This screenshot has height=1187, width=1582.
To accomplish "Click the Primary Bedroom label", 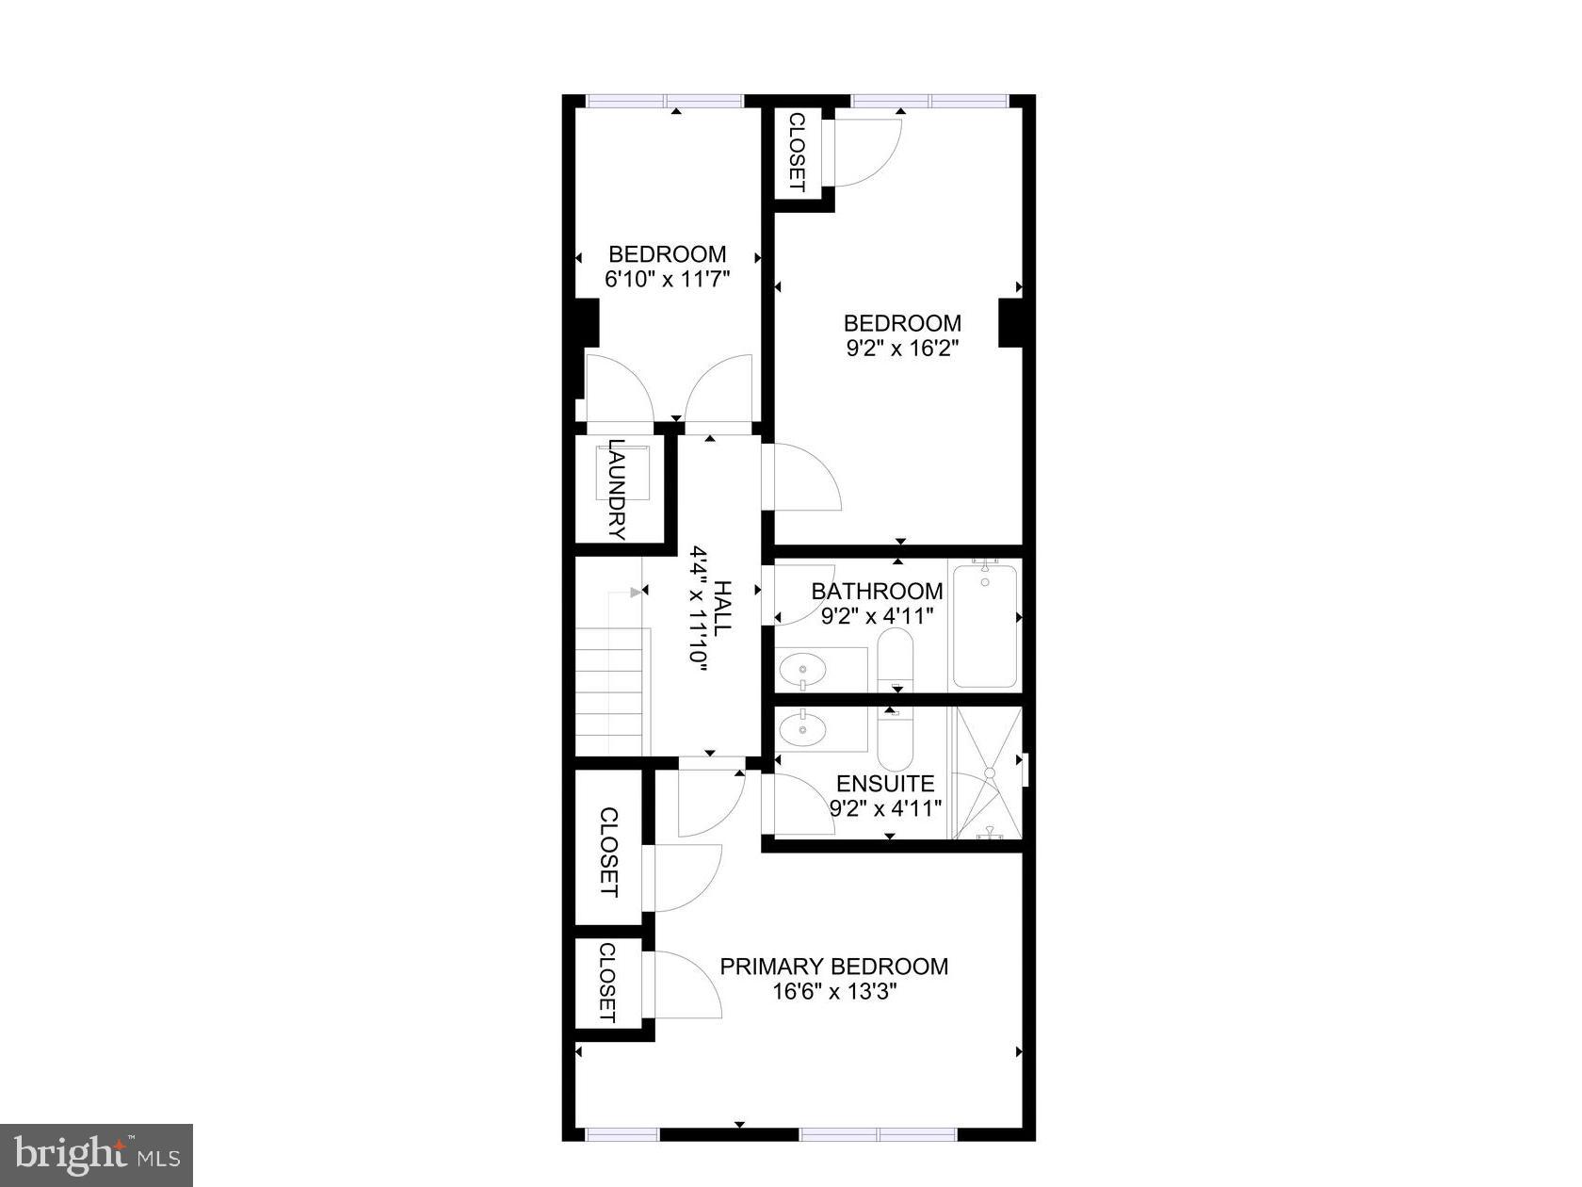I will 833,967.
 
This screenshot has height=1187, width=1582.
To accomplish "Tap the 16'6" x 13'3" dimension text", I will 833,992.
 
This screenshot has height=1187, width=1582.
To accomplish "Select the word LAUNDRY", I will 617,490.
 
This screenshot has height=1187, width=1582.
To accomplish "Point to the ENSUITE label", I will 885,784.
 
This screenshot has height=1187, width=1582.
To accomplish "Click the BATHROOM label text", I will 877,591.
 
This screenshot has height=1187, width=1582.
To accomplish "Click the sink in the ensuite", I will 803,728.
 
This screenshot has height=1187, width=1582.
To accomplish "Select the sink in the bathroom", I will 803,671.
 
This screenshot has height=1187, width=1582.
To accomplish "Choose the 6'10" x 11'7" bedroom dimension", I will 667,279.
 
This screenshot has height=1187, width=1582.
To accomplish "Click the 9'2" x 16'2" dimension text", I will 902,349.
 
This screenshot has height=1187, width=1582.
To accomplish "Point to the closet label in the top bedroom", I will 796,153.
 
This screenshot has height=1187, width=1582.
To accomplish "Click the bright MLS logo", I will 96,1155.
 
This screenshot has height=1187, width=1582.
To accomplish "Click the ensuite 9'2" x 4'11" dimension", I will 885,807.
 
